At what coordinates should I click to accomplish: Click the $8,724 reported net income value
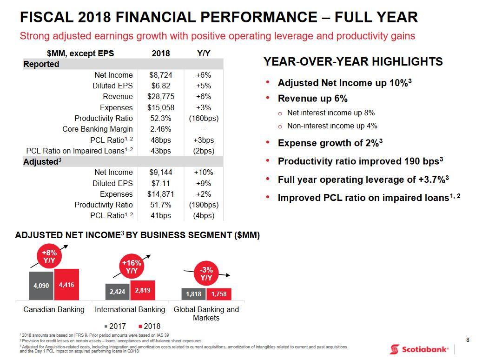[161, 75]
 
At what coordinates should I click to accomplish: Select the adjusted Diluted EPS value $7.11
[161, 183]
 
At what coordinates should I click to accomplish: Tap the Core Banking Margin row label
[97, 129]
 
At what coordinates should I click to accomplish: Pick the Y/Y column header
[204, 53]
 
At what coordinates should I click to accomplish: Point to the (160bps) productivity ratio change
[204, 118]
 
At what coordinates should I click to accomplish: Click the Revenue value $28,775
[161, 97]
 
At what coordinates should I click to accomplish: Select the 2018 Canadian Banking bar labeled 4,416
[66, 284]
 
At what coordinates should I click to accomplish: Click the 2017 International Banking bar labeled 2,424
[117, 292]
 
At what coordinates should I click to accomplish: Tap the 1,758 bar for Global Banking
[218, 294]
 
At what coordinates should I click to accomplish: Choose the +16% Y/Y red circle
[132, 267]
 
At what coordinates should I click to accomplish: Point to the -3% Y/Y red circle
[206, 273]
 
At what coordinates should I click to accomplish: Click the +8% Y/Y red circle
[49, 256]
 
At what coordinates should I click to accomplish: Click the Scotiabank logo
[419, 349]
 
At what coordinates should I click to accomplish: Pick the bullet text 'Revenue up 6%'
[312, 99]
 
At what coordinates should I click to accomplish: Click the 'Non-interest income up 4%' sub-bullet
[332, 126]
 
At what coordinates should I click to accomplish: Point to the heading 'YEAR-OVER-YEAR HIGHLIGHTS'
[353, 62]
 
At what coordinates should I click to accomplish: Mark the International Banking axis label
[130, 309]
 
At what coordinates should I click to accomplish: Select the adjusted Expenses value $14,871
[161, 194]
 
